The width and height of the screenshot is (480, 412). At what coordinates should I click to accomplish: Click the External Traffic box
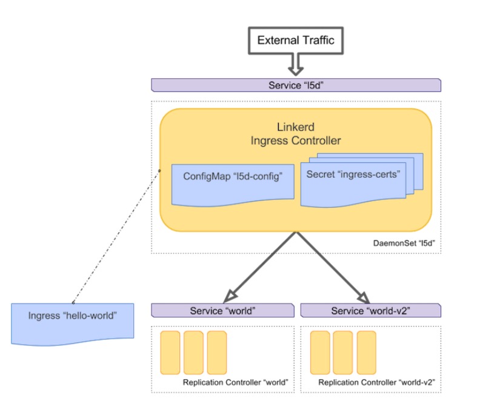click(296, 41)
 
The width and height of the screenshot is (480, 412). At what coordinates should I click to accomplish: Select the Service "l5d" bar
click(296, 85)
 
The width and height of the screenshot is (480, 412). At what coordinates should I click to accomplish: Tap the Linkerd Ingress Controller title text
click(296, 134)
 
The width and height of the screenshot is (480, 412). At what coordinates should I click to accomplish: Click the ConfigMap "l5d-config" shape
click(233, 182)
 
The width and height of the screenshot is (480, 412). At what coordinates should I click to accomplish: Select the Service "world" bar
click(223, 311)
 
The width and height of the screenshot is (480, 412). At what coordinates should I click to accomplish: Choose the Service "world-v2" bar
click(370, 311)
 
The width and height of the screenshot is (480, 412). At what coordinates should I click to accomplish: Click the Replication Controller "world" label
click(235, 383)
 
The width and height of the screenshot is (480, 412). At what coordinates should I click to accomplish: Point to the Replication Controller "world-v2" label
click(377, 383)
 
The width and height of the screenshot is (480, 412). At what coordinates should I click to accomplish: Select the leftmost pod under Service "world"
click(170, 352)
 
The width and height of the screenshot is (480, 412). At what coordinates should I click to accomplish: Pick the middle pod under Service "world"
click(193, 352)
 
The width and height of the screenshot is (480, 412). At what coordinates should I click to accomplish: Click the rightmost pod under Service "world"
click(216, 352)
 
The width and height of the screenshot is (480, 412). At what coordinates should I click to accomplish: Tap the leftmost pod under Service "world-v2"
click(319, 352)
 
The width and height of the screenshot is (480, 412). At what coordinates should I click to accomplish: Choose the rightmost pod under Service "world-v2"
click(366, 352)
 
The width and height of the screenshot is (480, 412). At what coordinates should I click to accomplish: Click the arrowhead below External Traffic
click(296, 64)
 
